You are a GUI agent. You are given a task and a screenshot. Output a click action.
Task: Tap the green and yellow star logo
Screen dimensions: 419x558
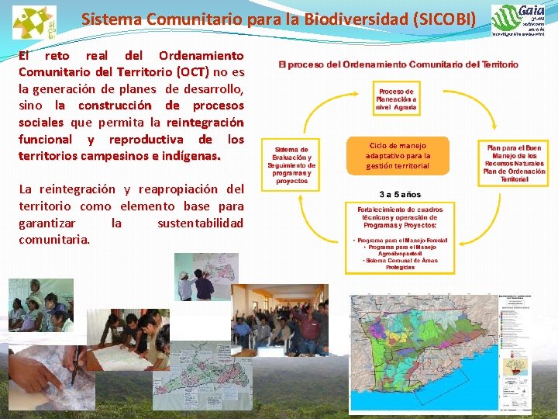[x=34, y=22]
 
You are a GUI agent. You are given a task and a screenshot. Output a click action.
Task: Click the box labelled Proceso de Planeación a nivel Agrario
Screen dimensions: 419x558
[x=396, y=99]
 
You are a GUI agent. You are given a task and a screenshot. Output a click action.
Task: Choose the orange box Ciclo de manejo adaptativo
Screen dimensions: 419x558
[x=398, y=155]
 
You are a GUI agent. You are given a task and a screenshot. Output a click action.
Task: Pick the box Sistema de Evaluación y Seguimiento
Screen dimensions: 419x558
[x=291, y=165]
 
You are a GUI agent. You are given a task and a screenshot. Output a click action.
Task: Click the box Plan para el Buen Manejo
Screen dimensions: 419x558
[x=513, y=163]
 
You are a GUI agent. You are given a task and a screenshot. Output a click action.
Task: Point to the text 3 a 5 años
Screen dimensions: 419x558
[x=399, y=194]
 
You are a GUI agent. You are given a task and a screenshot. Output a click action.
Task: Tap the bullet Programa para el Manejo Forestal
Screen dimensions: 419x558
[x=399, y=241]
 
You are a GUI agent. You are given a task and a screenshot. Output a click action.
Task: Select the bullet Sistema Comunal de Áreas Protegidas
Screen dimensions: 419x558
[x=399, y=264]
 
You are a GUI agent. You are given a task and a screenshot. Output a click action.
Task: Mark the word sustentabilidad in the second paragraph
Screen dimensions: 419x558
[x=200, y=223]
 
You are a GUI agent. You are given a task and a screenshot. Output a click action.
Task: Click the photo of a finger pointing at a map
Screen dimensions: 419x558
[x=46, y=376]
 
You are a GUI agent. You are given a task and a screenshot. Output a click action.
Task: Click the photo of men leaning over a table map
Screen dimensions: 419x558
[x=136, y=338]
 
